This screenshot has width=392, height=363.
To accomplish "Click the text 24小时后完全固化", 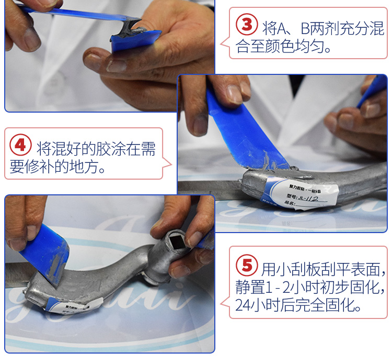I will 298,306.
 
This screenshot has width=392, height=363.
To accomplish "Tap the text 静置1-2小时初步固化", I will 311,288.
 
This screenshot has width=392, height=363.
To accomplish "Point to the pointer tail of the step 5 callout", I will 225,302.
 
